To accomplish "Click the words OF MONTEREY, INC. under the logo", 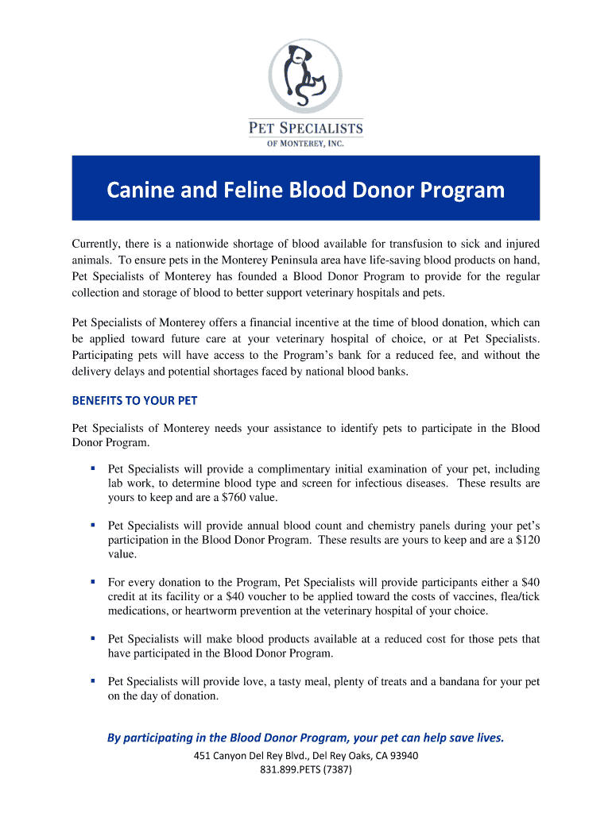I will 306,143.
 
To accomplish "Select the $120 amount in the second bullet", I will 527,540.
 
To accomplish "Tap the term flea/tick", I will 519,596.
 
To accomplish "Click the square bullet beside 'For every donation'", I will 93,581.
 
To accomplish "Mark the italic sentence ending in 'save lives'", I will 305,738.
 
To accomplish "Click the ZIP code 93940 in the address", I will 402,755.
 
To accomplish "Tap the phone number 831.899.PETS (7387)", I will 306,770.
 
